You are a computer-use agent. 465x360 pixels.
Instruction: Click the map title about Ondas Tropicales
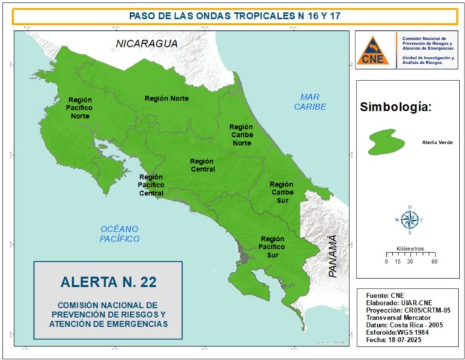(x=234, y=16)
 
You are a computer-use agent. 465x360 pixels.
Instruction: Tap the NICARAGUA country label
(x=147, y=44)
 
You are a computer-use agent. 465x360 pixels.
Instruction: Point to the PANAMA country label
(x=332, y=257)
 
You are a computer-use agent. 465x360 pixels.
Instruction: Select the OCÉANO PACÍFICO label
(x=120, y=234)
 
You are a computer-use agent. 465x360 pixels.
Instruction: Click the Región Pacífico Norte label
(x=79, y=108)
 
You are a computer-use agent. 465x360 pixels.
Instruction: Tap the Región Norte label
(x=167, y=99)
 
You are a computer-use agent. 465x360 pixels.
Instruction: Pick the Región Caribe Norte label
(x=241, y=135)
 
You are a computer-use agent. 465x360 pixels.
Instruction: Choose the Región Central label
(x=202, y=165)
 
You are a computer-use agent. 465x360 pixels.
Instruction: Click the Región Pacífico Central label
(x=151, y=185)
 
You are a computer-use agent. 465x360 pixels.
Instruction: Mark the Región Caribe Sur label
(x=282, y=192)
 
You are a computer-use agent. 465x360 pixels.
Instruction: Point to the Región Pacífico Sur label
(x=272, y=247)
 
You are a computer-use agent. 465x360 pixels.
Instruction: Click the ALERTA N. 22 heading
(x=108, y=282)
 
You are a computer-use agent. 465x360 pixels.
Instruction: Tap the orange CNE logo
(x=373, y=50)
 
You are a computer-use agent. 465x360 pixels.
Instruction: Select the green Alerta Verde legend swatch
(x=386, y=142)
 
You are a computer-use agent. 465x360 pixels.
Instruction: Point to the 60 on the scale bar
(x=434, y=262)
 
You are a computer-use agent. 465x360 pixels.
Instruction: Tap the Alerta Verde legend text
(x=437, y=143)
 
